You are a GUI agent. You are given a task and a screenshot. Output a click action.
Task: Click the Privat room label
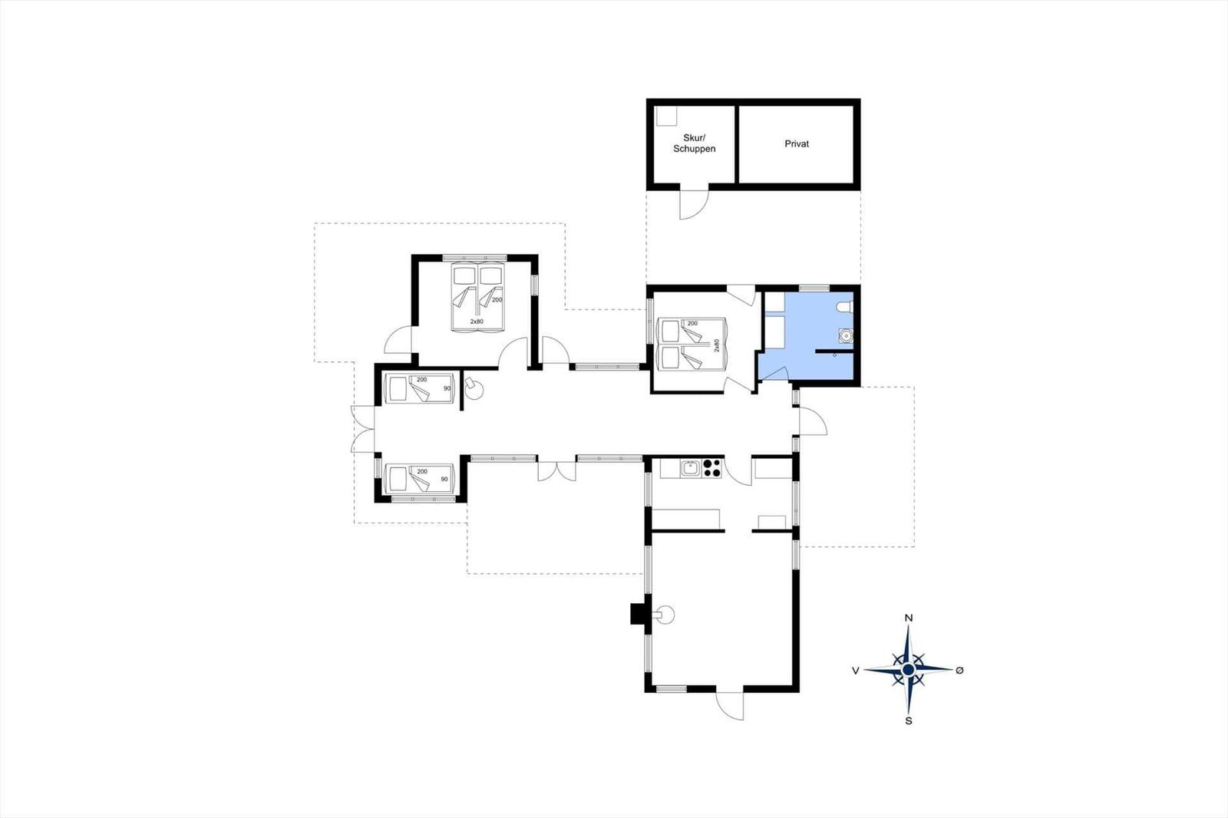click(x=797, y=143)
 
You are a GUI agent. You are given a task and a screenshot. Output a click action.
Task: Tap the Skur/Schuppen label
click(x=694, y=143)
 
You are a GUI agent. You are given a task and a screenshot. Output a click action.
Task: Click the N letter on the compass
click(x=909, y=618)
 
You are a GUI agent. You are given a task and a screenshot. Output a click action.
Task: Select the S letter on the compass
click(x=909, y=721)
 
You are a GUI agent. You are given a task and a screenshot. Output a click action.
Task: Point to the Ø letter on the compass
click(x=959, y=670)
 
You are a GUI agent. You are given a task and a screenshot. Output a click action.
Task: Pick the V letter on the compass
click(x=855, y=671)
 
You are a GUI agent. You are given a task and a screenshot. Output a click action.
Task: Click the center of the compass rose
click(x=909, y=669)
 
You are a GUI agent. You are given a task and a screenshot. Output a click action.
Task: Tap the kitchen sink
click(x=691, y=469)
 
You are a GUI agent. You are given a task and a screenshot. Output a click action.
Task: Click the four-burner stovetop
click(x=711, y=469)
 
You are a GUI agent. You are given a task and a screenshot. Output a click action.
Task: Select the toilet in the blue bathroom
click(x=846, y=308)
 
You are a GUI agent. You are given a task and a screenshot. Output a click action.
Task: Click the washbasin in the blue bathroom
click(x=846, y=335)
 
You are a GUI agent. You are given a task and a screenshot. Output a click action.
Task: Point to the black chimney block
click(x=638, y=614)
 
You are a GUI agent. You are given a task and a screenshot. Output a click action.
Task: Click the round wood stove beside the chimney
click(x=664, y=615)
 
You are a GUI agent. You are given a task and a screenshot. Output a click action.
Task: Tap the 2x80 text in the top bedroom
click(x=477, y=322)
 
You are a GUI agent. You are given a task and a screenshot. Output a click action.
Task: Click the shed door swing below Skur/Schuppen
click(x=694, y=204)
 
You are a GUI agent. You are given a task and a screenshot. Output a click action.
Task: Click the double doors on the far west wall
click(x=363, y=429)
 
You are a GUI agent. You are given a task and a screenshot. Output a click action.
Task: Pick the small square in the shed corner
click(x=666, y=115)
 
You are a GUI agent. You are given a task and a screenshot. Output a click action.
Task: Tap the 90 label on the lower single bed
click(x=444, y=479)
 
